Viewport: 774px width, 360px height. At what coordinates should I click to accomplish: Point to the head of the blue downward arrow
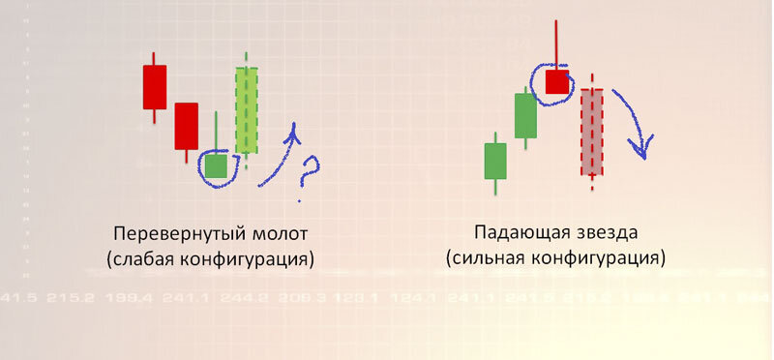click(x=638, y=149)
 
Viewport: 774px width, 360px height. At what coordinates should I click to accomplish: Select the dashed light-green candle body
click(x=247, y=109)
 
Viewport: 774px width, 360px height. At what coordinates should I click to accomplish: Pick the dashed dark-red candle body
click(x=592, y=132)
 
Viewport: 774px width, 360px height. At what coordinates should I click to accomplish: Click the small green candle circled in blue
click(x=216, y=165)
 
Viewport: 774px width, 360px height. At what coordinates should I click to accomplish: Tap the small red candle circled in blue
click(x=556, y=81)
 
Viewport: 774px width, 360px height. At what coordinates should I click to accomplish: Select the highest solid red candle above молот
click(x=155, y=87)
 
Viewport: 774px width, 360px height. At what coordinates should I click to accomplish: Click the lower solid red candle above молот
click(x=186, y=126)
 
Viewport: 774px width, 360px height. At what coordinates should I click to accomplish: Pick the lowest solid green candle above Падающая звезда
click(x=495, y=161)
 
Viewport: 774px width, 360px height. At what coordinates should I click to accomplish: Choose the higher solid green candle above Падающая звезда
click(x=525, y=115)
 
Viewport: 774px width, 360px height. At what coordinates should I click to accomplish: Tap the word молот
click(x=280, y=235)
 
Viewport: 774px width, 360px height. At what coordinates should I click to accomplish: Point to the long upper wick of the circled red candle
click(x=556, y=44)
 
